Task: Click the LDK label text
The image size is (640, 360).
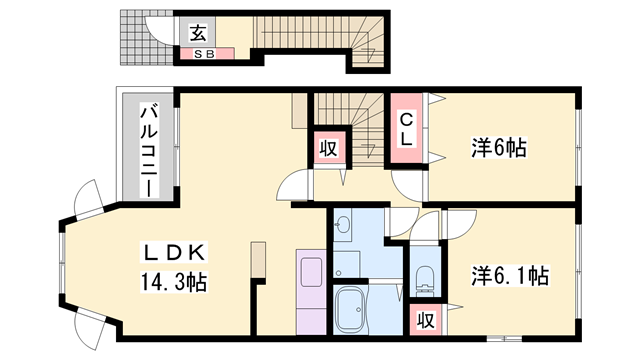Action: (181, 251)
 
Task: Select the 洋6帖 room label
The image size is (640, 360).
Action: (499, 148)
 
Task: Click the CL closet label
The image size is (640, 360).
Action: (407, 131)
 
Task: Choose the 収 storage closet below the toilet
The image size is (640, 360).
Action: (425, 321)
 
